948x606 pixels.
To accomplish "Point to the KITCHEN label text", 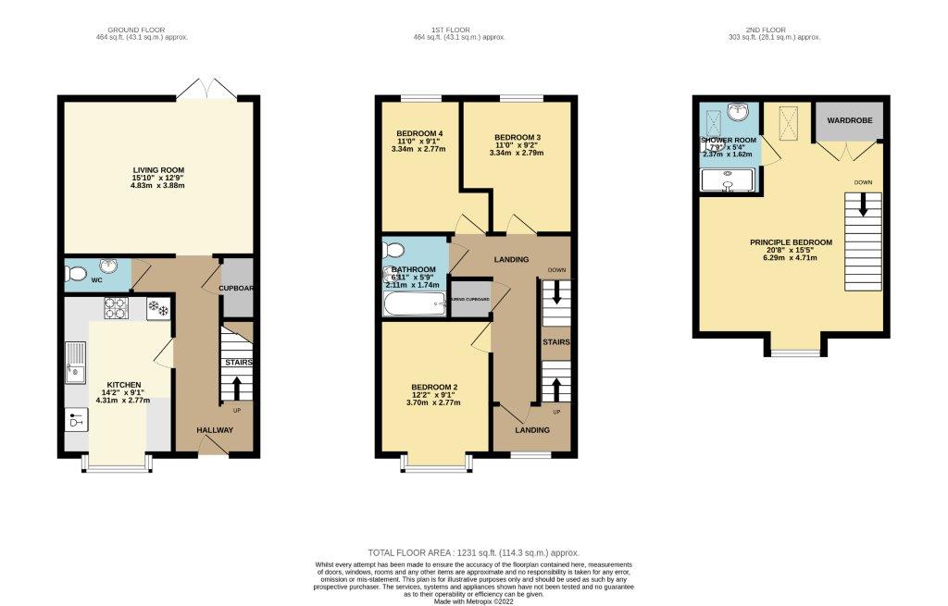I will click(124, 384).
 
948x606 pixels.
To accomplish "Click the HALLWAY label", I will click(214, 430).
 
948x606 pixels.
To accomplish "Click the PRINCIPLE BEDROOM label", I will click(791, 242).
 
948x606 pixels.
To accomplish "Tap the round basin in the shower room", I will click(738, 113).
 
